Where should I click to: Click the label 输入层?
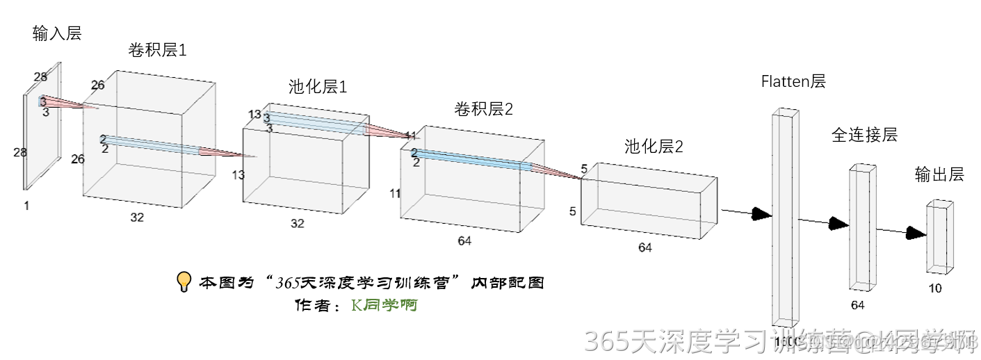point(57,33)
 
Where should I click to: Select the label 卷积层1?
point(157,50)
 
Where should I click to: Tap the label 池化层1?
point(318,87)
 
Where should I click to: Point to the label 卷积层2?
point(484,108)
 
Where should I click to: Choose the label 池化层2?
point(654,147)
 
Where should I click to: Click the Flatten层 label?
point(793,81)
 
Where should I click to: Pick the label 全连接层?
point(864,135)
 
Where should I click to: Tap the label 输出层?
point(939,174)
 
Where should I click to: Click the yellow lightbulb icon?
point(184,281)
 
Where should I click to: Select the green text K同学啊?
point(384,304)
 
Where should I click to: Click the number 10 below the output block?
point(936,288)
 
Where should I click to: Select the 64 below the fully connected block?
point(857,305)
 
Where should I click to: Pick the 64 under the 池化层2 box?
point(645,247)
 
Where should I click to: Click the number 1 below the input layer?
point(26,205)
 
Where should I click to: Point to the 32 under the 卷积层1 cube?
point(137,218)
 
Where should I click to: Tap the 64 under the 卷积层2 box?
point(464,240)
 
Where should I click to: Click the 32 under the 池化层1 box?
point(298,223)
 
